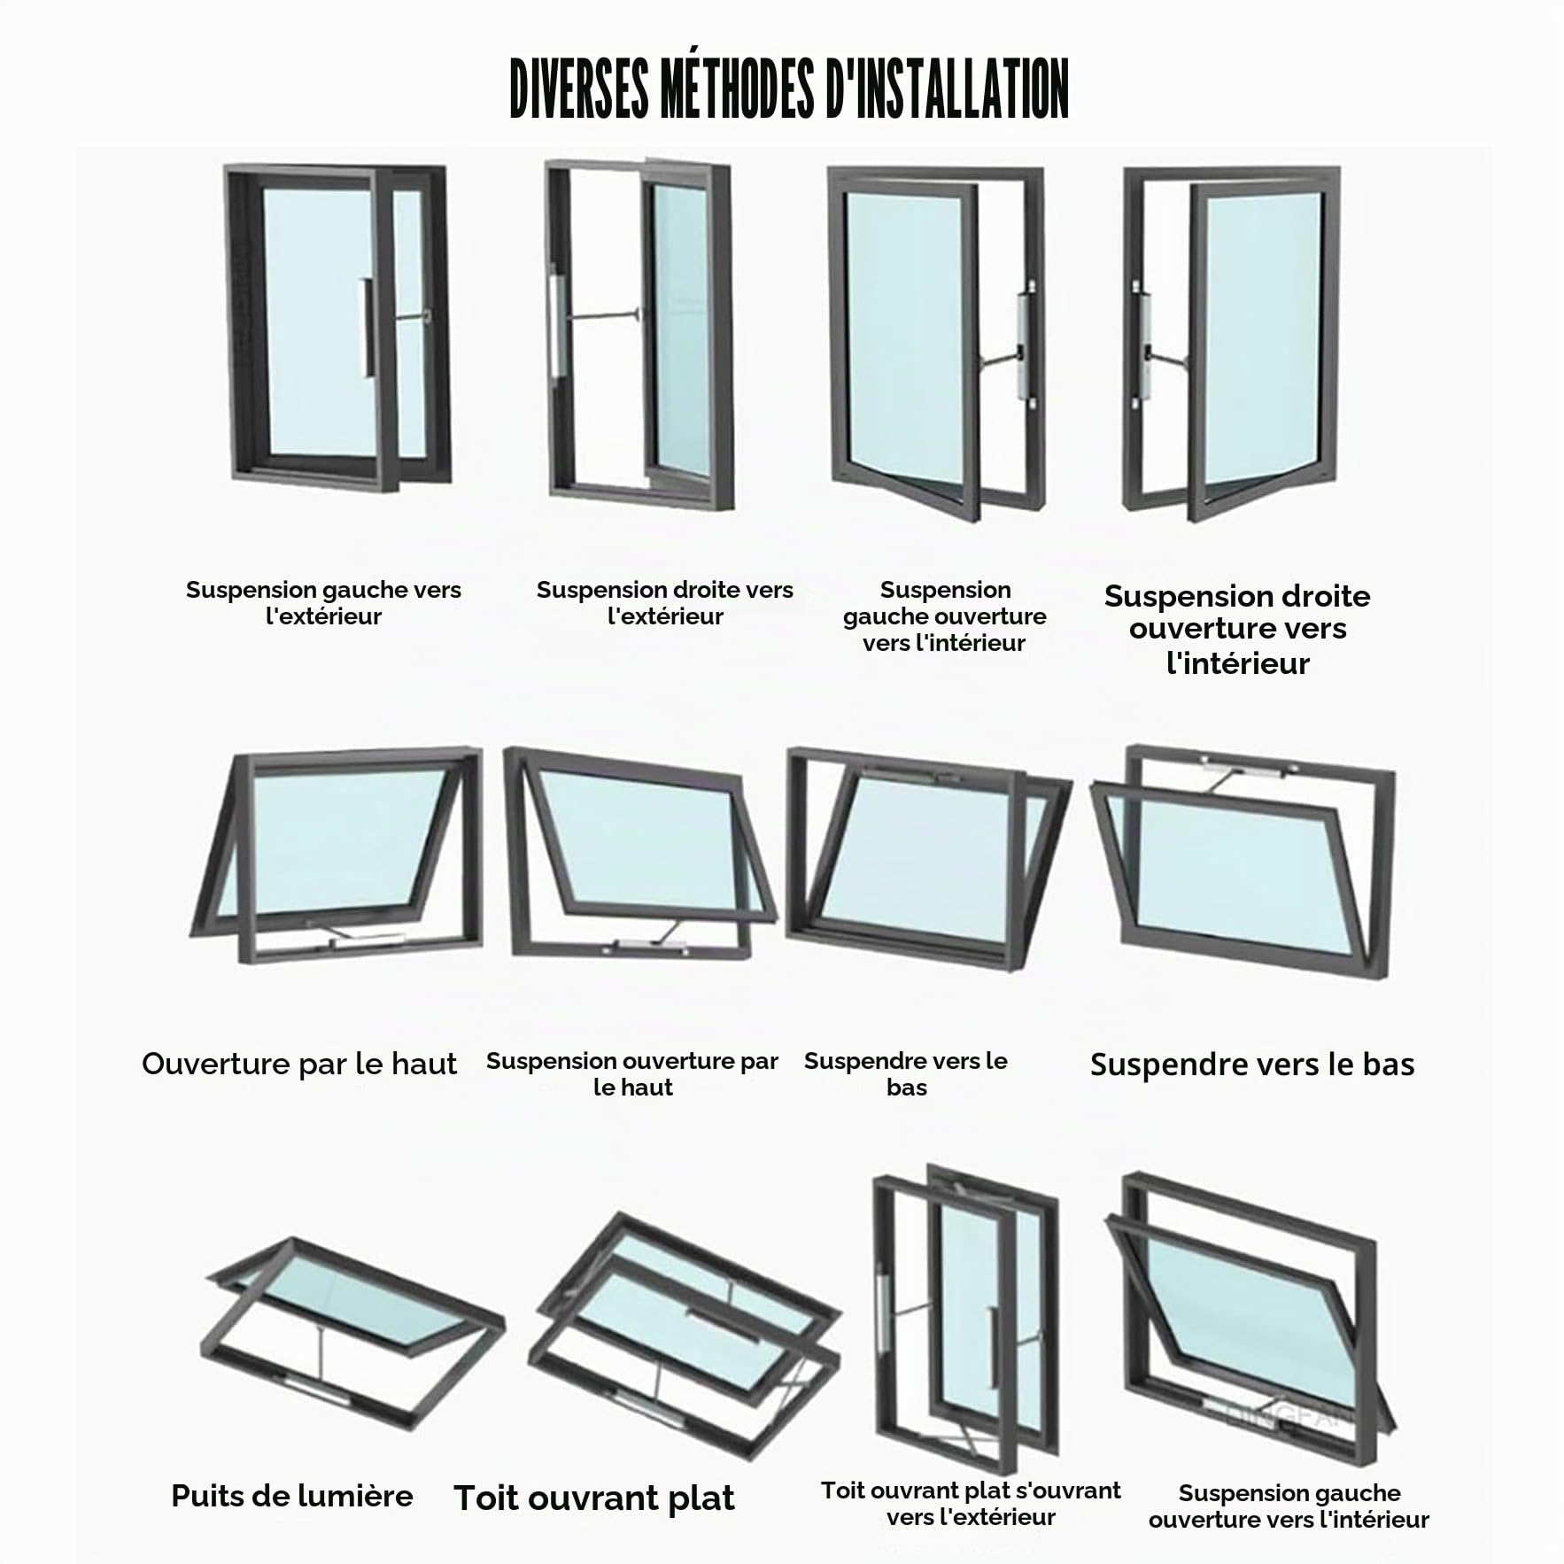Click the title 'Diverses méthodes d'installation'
(789, 89)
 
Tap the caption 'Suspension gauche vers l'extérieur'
(323, 603)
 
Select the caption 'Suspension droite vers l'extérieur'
(665, 603)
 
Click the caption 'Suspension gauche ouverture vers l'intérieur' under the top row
(945, 616)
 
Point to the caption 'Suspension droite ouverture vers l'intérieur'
(1237, 629)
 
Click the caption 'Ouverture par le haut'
(299, 1064)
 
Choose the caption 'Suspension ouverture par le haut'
(632, 1073)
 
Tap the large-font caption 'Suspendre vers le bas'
(1252, 1065)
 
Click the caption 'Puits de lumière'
(292, 1496)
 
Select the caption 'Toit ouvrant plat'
(594, 1498)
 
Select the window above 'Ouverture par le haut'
(337, 856)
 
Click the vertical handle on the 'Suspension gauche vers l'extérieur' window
(367, 328)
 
